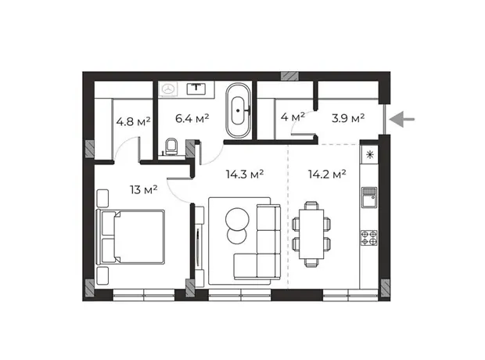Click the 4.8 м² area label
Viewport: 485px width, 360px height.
tap(133, 121)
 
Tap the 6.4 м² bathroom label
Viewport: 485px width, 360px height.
tap(192, 118)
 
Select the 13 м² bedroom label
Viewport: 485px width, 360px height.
tap(143, 189)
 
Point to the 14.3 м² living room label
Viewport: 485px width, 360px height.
tap(245, 174)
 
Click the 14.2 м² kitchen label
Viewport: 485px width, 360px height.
tap(327, 174)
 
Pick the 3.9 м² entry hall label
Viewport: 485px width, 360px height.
tap(348, 118)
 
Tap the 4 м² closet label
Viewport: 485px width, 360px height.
tap(293, 117)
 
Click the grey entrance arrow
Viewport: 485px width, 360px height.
tap(402, 119)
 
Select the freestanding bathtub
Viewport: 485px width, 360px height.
tap(238, 110)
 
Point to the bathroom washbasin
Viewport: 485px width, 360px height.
tap(196, 88)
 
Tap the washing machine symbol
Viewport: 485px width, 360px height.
tap(168, 89)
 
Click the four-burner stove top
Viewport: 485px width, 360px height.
tap(369, 238)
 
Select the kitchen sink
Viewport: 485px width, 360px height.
tap(369, 197)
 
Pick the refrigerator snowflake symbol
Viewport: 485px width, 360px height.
tap(370, 154)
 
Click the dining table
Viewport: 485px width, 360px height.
tap(311, 234)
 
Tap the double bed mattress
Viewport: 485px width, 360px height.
tap(139, 237)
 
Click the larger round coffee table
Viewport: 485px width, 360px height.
tap(237, 219)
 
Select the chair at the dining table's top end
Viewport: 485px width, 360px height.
tap(311, 206)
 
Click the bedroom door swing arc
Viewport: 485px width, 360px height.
tap(175, 196)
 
